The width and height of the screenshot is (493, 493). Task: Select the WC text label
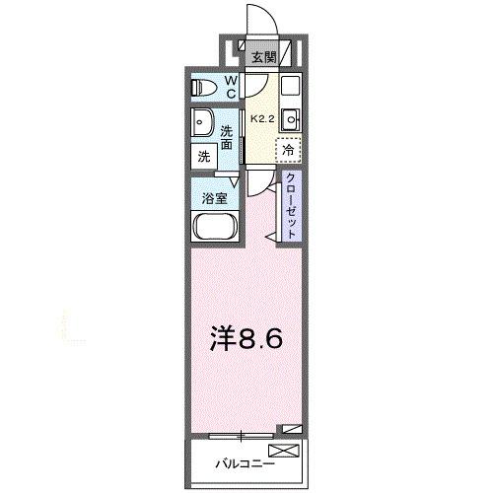click(230, 87)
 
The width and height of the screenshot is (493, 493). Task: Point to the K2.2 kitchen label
click(260, 117)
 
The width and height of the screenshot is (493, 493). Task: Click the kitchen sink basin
click(292, 120)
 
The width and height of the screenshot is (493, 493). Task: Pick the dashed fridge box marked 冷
click(288, 150)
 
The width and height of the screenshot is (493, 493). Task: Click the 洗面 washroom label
click(228, 138)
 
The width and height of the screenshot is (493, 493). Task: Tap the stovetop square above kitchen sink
click(291, 86)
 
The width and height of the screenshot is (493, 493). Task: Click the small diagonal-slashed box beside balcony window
click(290, 429)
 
